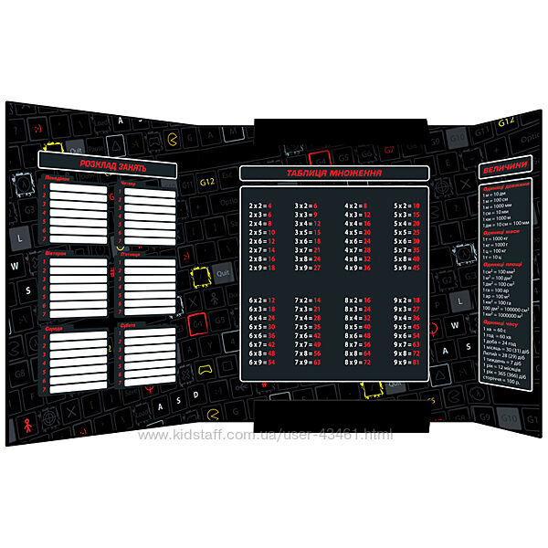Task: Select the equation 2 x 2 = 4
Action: [x=260, y=206]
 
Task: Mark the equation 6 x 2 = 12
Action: [x=260, y=300]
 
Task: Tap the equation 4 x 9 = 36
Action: [x=359, y=268]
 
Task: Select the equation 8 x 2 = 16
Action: [x=359, y=300]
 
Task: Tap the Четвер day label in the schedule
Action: [x=129, y=183]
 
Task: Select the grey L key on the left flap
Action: [x=19, y=237]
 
